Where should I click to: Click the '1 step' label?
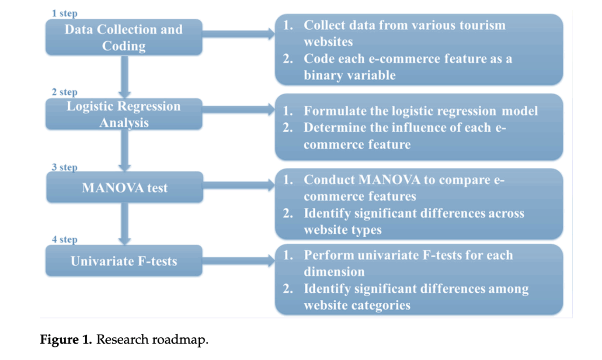[65, 14]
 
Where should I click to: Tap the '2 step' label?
[65, 92]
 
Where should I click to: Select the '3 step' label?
[65, 167]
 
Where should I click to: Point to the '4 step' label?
[65, 239]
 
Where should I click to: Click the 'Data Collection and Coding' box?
[124, 37]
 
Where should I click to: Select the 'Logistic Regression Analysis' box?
[124, 114]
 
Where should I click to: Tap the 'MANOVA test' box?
[125, 187]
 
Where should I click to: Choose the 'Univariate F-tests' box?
[124, 260]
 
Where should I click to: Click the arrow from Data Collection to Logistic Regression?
[125, 77]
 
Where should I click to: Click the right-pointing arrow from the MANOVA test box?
[239, 185]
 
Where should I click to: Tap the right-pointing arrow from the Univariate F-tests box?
[239, 260]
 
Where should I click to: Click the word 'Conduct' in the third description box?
[329, 180]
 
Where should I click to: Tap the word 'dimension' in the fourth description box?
[334, 272]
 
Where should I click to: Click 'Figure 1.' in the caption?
[66, 339]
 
